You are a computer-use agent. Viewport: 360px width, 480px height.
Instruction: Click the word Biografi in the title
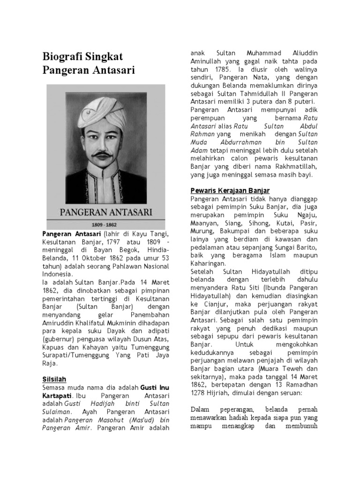click(62, 57)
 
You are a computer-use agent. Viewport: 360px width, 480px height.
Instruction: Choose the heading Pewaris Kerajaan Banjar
click(230, 190)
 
